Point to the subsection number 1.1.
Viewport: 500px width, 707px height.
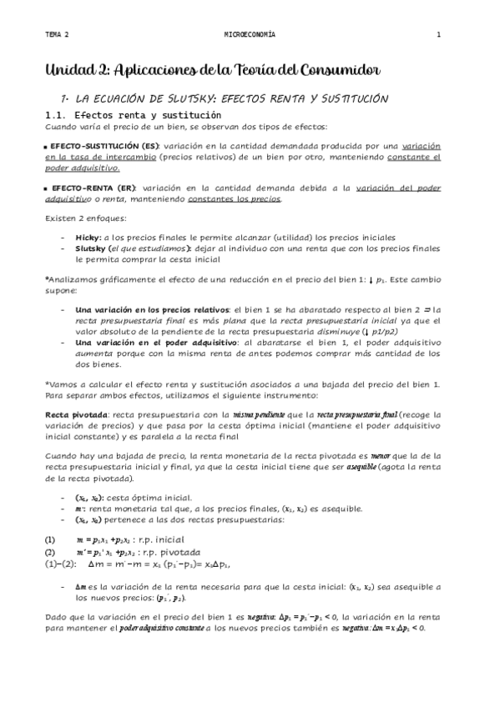tap(57, 114)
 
